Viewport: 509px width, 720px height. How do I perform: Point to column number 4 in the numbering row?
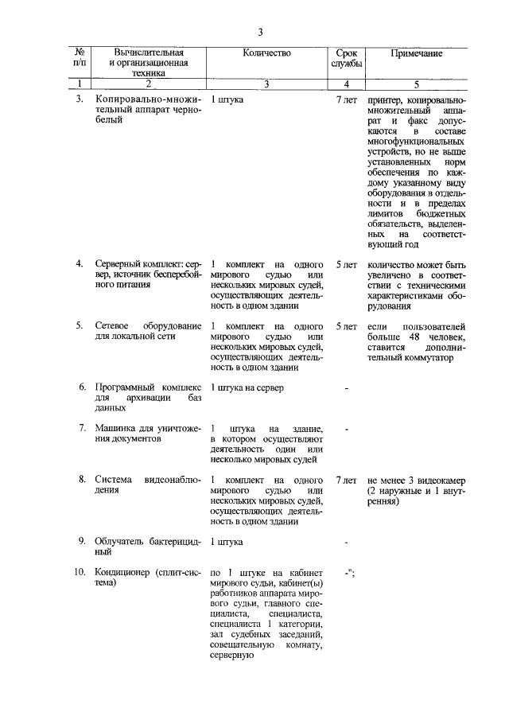pyautogui.click(x=347, y=84)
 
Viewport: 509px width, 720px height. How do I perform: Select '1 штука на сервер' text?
pyautogui.click(x=247, y=387)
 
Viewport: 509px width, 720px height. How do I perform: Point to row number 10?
pyautogui.click(x=79, y=572)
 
